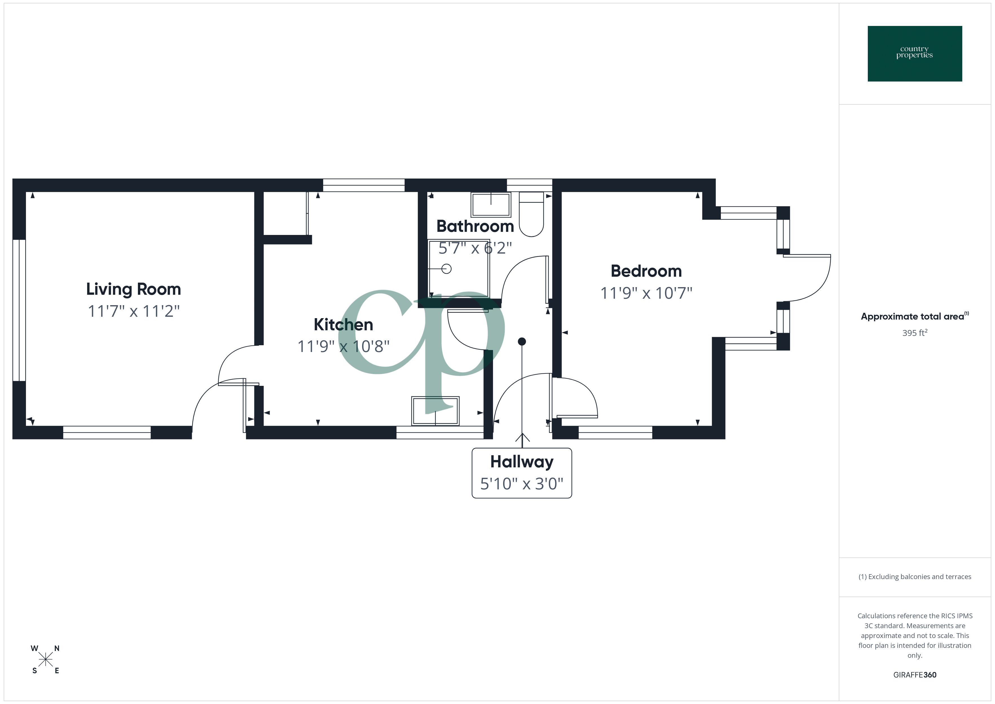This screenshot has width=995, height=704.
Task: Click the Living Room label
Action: pos(133,289)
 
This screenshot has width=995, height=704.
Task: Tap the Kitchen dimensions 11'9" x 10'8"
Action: pos(343,346)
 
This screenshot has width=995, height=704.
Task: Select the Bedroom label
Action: pos(646,271)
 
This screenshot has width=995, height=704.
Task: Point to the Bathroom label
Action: pos(475,226)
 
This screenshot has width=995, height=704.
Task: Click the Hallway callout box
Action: pos(522,473)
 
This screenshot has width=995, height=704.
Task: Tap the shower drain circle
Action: pos(446,269)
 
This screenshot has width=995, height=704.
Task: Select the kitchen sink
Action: pos(435,410)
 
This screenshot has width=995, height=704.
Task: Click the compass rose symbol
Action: pos(45,660)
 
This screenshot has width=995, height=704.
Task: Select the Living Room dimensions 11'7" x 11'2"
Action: pos(133,311)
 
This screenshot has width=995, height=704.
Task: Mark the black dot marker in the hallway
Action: pos(522,342)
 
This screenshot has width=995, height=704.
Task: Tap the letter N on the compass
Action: pos(57,648)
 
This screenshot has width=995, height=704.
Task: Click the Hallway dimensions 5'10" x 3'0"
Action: pos(522,484)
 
